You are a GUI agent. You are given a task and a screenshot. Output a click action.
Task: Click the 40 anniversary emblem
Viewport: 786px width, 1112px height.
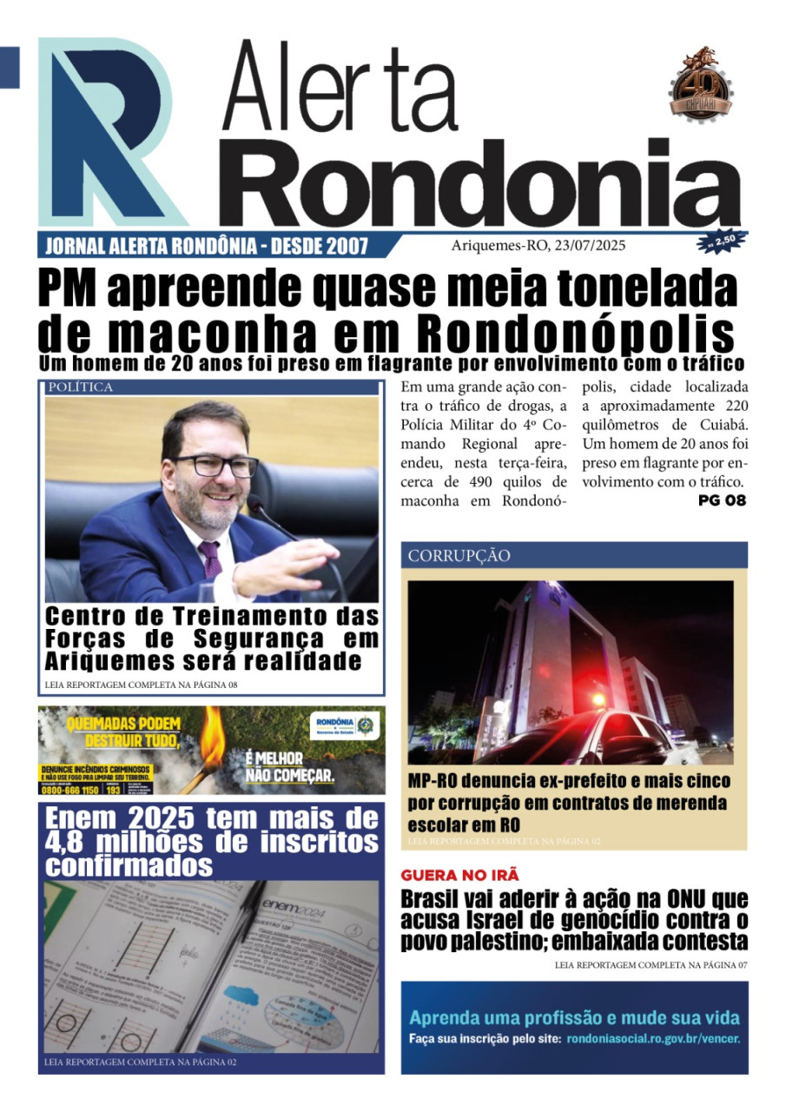point(700,83)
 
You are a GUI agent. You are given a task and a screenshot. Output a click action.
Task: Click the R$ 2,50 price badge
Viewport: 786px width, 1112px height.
point(721,240)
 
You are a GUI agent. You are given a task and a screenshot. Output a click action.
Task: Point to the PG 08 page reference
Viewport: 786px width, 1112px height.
point(722,500)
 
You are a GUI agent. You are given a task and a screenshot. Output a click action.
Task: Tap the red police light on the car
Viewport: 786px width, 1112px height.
point(599,699)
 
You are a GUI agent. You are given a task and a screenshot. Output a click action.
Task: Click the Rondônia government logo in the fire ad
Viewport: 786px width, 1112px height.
point(347,725)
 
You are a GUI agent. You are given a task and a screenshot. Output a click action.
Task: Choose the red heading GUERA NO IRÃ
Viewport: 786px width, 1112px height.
point(459,876)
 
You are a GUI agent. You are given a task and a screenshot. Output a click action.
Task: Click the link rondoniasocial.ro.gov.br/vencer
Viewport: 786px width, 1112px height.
point(653,1039)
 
